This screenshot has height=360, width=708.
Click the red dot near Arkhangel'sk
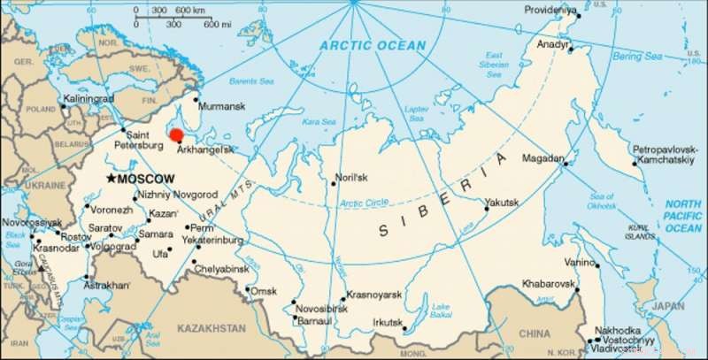pos(176,135)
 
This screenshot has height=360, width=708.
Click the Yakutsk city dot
pos(486,210)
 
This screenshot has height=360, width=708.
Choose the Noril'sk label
pos(354,176)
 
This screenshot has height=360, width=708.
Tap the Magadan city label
pos(544,158)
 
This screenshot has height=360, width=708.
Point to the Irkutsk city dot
pos(404,331)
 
